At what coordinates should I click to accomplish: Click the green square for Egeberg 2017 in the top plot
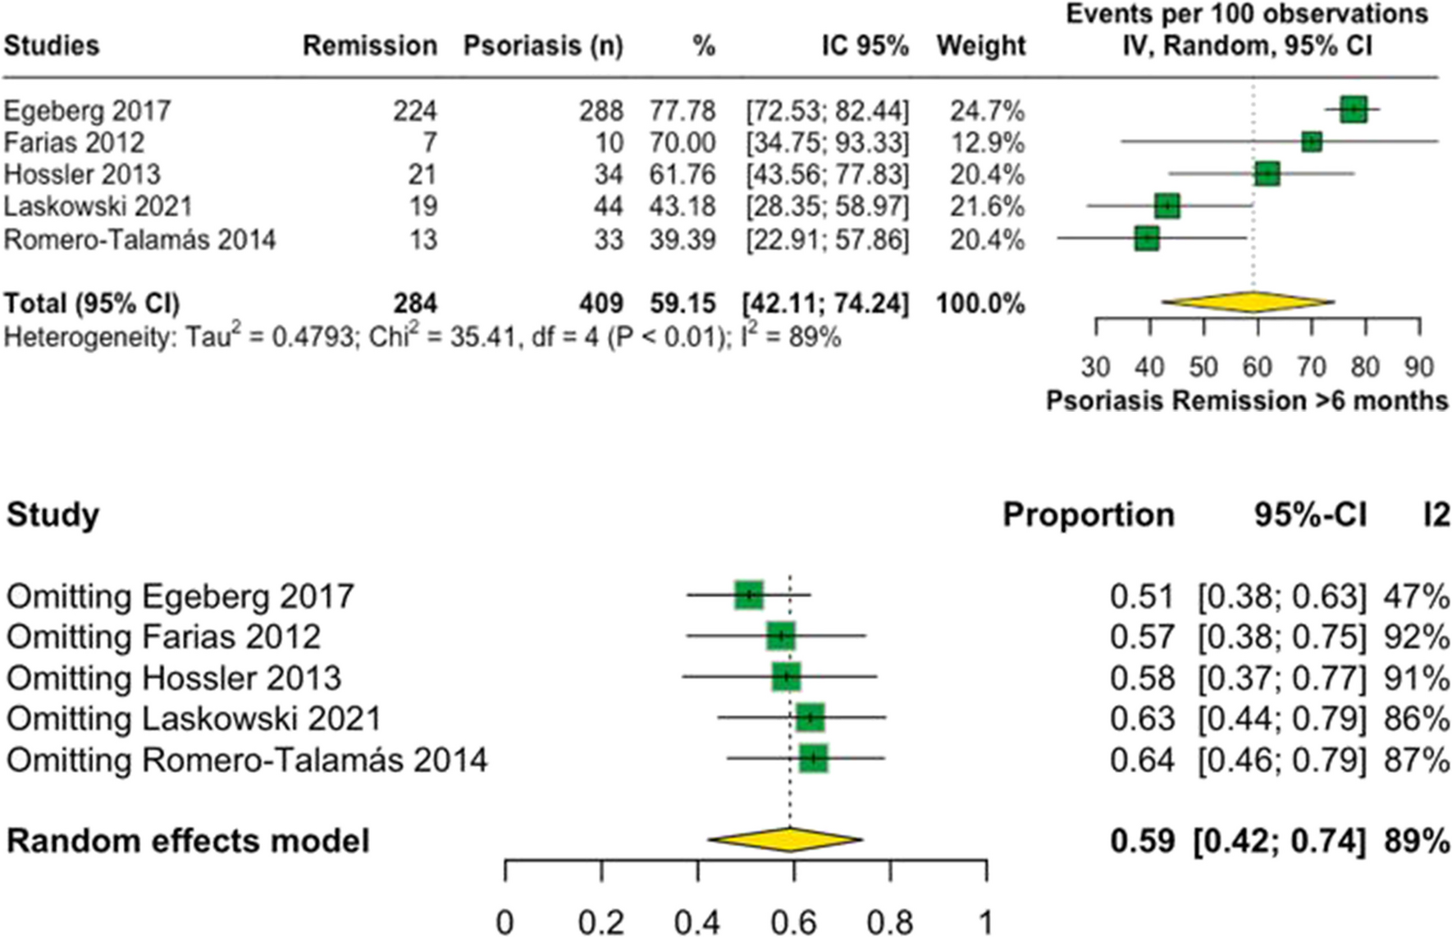click(x=1354, y=109)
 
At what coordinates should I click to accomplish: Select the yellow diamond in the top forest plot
click(x=1249, y=302)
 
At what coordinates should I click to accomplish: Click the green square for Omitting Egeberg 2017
click(x=748, y=595)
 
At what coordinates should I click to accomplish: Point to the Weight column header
click(x=980, y=46)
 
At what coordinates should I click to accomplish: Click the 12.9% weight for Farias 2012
click(x=987, y=143)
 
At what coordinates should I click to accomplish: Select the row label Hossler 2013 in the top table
click(x=82, y=175)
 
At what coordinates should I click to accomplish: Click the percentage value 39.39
click(x=682, y=240)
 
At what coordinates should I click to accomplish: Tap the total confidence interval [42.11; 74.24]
click(x=825, y=304)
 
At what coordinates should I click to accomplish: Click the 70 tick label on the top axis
click(x=1311, y=366)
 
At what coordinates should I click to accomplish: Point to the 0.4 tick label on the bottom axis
click(x=697, y=922)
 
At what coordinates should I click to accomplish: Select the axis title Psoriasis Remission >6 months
click(x=1246, y=400)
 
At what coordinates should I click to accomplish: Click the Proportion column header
click(x=1088, y=515)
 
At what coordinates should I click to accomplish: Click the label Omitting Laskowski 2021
click(x=194, y=719)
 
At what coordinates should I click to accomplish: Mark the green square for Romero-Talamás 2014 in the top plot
click(x=1147, y=239)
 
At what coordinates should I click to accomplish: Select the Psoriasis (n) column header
click(x=543, y=46)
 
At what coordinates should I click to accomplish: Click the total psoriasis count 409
click(x=601, y=304)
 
